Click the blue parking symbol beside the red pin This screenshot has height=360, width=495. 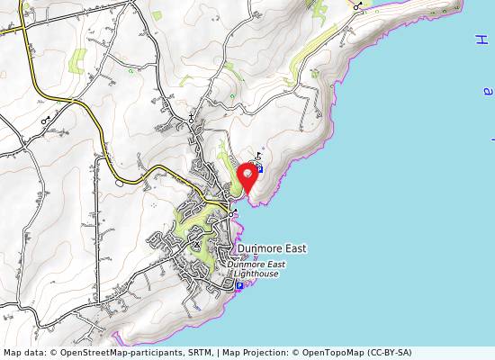click(260, 168)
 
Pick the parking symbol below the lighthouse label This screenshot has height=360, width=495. click(239, 286)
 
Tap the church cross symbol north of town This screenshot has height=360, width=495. click(192, 119)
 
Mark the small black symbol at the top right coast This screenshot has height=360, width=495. click(357, 5)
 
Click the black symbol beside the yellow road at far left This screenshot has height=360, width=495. click(46, 119)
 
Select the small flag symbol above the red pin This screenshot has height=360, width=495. click(258, 155)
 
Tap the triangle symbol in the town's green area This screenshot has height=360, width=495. click(197, 243)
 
